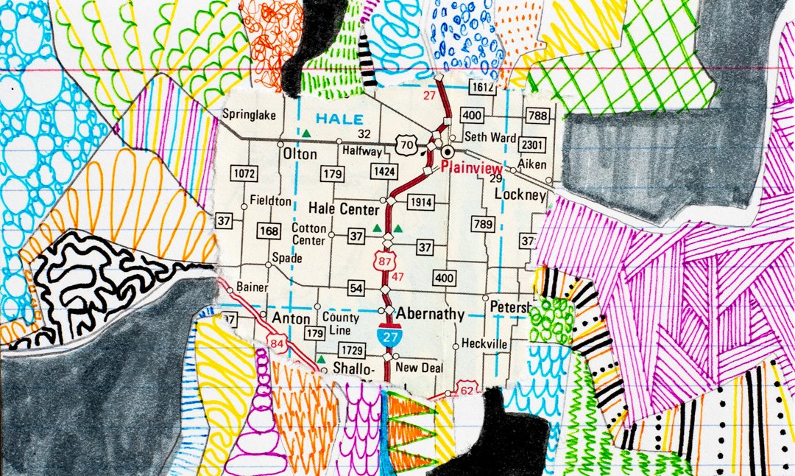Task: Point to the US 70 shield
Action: pos(406,146)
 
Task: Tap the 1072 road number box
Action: pos(244,174)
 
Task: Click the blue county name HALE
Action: pos(339,119)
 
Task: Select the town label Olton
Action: pos(300,155)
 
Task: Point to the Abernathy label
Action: pos(431,315)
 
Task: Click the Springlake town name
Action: pos(249,115)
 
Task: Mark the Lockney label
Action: pos(520,195)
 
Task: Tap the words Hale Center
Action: pos(343,209)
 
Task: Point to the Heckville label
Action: pos(484,343)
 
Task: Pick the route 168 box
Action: pos(269,231)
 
